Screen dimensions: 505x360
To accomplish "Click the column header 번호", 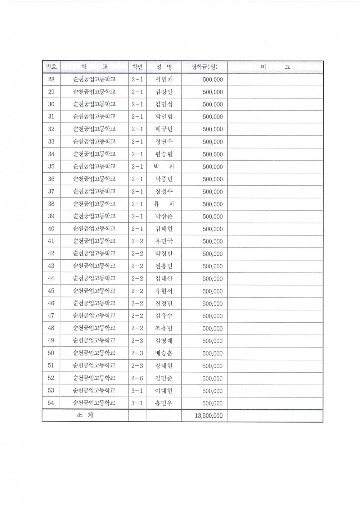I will (x=51, y=67).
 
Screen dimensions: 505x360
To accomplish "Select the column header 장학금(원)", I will (x=204, y=67).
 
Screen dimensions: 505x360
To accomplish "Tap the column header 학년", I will (x=137, y=67).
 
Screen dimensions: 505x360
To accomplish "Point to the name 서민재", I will (x=164, y=79).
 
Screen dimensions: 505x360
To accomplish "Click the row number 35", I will (x=51, y=167).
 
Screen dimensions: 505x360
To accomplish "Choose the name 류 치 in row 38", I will (x=164, y=204).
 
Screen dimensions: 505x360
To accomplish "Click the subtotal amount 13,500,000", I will (x=209, y=416).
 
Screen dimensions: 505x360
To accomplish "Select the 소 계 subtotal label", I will (x=85, y=415).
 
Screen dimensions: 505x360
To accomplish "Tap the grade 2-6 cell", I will (x=137, y=378).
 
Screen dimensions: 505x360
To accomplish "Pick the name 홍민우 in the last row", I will (x=164, y=403).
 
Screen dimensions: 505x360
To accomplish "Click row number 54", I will (x=51, y=403).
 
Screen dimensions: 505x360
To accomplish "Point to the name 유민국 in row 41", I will (x=164, y=241).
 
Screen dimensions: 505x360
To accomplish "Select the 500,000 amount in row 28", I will (x=213, y=80).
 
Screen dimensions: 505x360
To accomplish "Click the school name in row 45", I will (x=94, y=291).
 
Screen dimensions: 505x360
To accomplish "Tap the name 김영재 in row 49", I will (x=164, y=341).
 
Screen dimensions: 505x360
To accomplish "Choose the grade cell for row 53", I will (x=137, y=391).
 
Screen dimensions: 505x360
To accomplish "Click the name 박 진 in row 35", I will (x=164, y=167).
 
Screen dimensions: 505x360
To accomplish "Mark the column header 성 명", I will (x=164, y=67).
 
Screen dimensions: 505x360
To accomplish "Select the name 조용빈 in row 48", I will (x=164, y=328).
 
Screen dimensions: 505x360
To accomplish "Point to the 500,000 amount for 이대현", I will (x=213, y=391).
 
